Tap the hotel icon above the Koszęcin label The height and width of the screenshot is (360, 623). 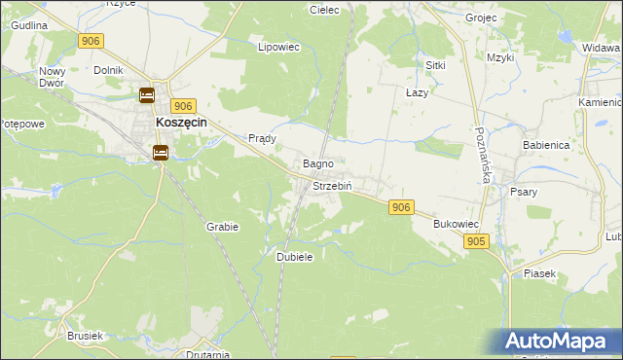(x=146, y=95)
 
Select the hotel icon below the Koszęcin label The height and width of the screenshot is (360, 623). (x=161, y=152)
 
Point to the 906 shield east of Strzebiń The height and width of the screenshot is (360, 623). (x=401, y=207)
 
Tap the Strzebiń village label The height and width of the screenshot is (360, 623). (x=332, y=185)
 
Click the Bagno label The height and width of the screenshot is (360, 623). (x=319, y=163)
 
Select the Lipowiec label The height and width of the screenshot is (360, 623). (x=276, y=46)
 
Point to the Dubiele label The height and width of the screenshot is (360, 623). (x=294, y=257)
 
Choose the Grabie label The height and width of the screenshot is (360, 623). (x=222, y=226)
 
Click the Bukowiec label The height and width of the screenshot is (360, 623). (x=454, y=224)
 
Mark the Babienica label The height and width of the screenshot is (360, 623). (x=545, y=144)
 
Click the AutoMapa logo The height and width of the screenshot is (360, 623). (x=560, y=342)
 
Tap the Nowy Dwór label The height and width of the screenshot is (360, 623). (x=51, y=77)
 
